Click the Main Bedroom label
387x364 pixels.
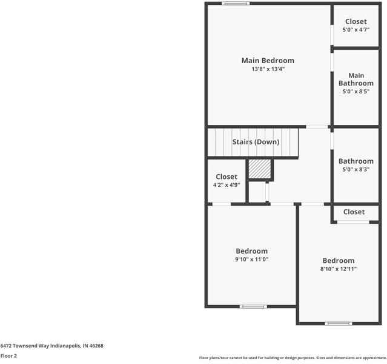click(268, 61)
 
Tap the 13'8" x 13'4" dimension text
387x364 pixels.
click(268, 70)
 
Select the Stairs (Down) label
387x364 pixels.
click(256, 142)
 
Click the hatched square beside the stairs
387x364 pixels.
click(260, 169)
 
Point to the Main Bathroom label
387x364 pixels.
click(356, 79)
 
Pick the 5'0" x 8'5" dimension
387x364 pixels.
click(356, 92)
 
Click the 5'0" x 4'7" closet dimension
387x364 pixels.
click(356, 30)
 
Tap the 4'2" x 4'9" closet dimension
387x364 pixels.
click(227, 185)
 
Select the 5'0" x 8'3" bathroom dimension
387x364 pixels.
click(356, 170)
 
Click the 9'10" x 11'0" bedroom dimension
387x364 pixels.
click(251, 260)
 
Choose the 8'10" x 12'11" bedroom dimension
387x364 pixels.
click(338, 269)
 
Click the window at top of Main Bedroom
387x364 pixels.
click(236, 4)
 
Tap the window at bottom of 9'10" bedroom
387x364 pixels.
click(254, 306)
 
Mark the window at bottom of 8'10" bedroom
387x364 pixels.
click(339, 323)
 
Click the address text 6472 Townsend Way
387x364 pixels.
click(52, 346)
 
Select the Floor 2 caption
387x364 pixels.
click(8, 356)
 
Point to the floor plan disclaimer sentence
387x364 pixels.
click(293, 357)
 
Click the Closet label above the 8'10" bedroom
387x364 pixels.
click(354, 212)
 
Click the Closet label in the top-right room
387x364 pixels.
click(356, 21)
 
